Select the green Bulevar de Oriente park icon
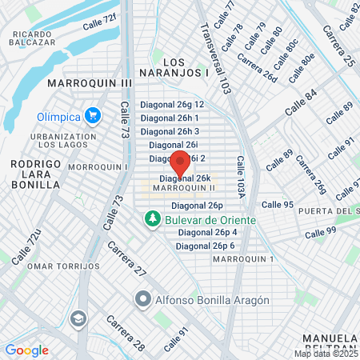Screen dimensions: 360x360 [x=151, y=218]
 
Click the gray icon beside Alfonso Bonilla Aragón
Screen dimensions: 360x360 [x=143, y=300]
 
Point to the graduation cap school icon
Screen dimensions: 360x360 [x=78, y=319]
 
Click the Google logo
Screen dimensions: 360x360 [x=26, y=350]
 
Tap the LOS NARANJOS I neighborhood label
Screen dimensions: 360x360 [x=185, y=67]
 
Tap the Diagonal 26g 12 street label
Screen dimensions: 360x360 [x=172, y=105]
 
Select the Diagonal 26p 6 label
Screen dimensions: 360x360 [x=206, y=246]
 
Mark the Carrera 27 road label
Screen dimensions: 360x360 [x=127, y=259]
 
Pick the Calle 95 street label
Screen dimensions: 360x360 [x=277, y=205]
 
